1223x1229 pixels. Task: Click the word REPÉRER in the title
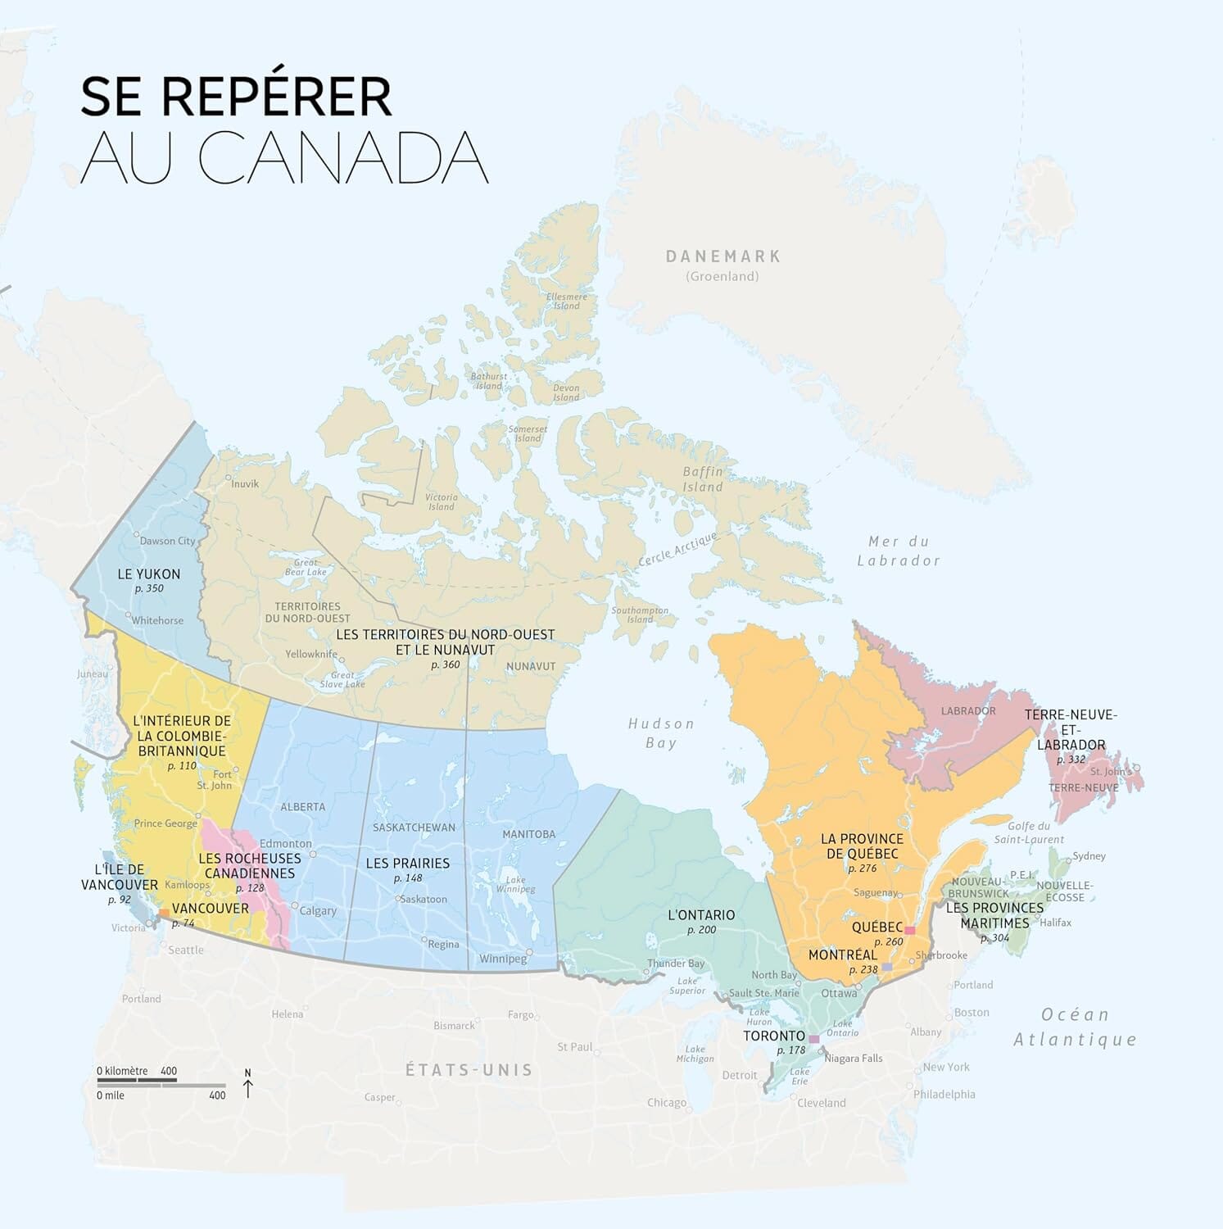click(x=276, y=96)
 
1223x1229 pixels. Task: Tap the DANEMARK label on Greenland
click(x=722, y=256)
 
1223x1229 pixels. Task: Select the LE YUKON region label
click(x=149, y=574)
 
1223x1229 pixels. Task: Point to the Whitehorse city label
click(x=157, y=620)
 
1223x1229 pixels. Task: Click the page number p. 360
click(x=446, y=664)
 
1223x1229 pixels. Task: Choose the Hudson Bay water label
click(x=661, y=732)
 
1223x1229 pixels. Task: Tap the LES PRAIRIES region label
click(x=408, y=863)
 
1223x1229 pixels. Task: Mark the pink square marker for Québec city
click(x=909, y=930)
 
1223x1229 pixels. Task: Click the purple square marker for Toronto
click(x=813, y=1039)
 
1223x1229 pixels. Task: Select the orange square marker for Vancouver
click(x=164, y=912)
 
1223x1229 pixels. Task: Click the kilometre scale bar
click(x=137, y=1080)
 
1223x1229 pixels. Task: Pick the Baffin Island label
click(x=703, y=479)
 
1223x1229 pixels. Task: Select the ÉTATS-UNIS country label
click(x=469, y=1070)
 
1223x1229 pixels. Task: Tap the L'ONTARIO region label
click(x=701, y=914)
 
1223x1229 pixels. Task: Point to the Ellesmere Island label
click(x=566, y=301)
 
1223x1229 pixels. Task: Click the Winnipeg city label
click(x=503, y=959)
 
